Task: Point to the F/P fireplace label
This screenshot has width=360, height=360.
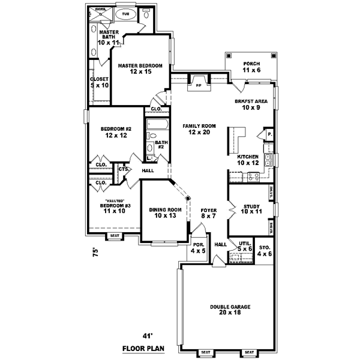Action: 199,86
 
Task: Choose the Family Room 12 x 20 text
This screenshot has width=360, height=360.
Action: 197,128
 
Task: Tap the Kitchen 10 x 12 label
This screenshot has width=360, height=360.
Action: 247,160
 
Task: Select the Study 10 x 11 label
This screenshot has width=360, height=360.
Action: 252,209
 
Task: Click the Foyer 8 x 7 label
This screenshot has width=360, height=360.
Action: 208,212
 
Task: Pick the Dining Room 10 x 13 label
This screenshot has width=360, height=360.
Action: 163,212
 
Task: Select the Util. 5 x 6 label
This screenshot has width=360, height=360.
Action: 244,245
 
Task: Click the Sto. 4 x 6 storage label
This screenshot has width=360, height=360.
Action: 265,250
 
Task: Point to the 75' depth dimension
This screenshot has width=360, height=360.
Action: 94,254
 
